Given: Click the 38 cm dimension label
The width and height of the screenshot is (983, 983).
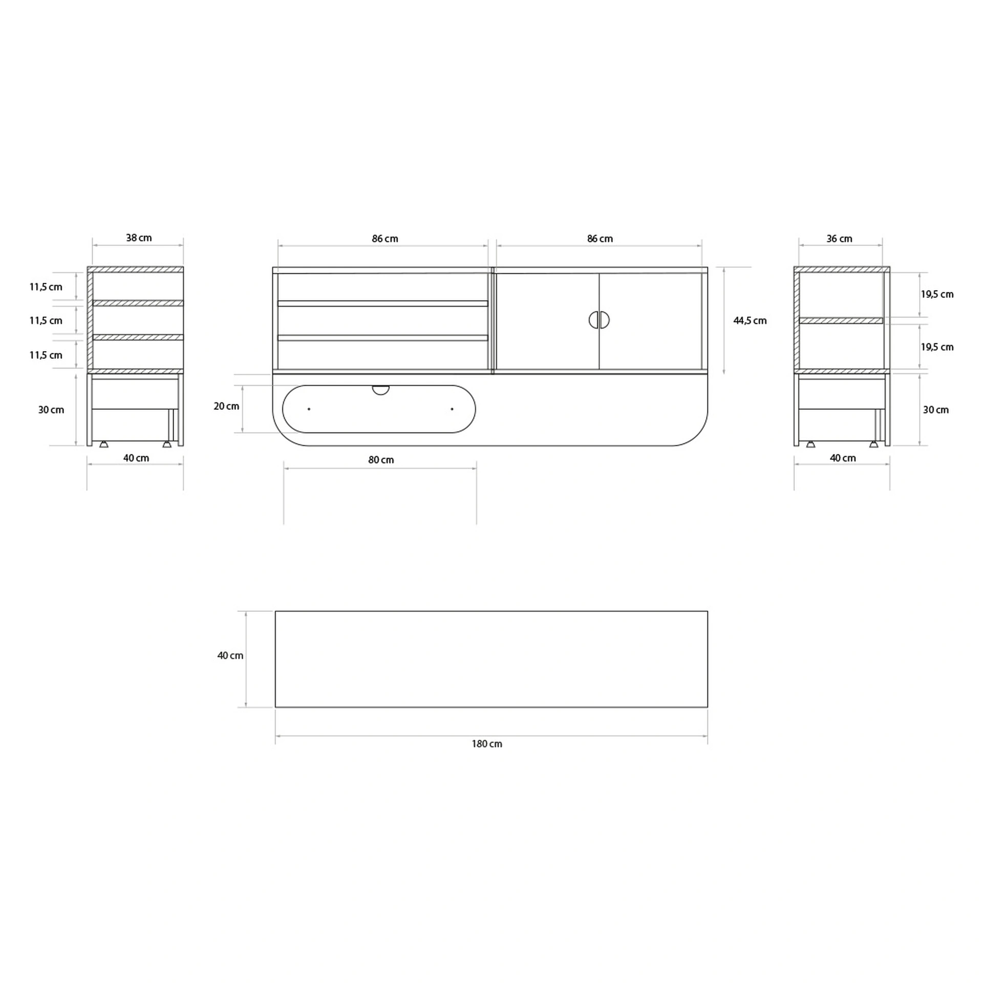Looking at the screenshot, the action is pos(139,238).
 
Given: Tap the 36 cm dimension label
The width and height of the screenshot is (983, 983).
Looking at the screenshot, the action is pos(839,239).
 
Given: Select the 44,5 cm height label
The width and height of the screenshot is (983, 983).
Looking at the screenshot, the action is pos(750,321).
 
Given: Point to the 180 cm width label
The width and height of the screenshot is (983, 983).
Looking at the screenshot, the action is pos(487,744).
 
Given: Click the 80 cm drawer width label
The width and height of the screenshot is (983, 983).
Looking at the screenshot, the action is pos(381,460).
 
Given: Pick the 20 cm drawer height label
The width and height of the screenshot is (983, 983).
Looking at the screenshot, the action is pos(226,406).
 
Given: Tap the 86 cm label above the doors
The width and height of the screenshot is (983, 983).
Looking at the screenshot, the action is pos(600,239).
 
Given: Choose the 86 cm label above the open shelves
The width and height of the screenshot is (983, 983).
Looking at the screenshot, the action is pos(385,239).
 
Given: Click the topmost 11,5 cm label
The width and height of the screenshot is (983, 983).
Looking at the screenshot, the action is pos(46,287).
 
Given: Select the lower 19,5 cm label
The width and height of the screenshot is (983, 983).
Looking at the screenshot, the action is pos(937,347).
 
